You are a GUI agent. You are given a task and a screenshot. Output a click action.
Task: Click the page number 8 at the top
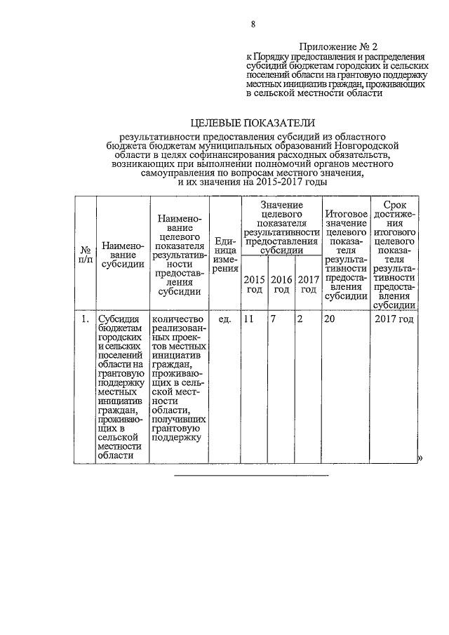click(x=253, y=25)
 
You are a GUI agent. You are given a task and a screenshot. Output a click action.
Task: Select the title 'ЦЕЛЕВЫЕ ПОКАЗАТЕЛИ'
click(x=253, y=123)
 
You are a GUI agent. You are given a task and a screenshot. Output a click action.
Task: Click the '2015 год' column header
click(x=253, y=284)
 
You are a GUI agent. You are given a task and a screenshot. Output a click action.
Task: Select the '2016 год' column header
click(x=281, y=284)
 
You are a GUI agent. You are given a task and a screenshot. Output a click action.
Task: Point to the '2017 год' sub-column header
click(x=308, y=284)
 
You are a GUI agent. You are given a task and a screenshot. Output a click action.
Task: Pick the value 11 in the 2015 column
click(x=248, y=320)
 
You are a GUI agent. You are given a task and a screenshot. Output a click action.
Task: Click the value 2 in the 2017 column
click(x=300, y=320)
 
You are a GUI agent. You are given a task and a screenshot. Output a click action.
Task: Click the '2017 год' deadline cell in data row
click(x=394, y=320)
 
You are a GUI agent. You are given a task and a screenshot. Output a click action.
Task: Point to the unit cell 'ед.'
click(x=224, y=320)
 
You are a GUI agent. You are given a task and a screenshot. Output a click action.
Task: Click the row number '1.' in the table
click(x=83, y=320)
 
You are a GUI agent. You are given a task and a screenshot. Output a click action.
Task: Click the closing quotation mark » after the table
click(x=421, y=458)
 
